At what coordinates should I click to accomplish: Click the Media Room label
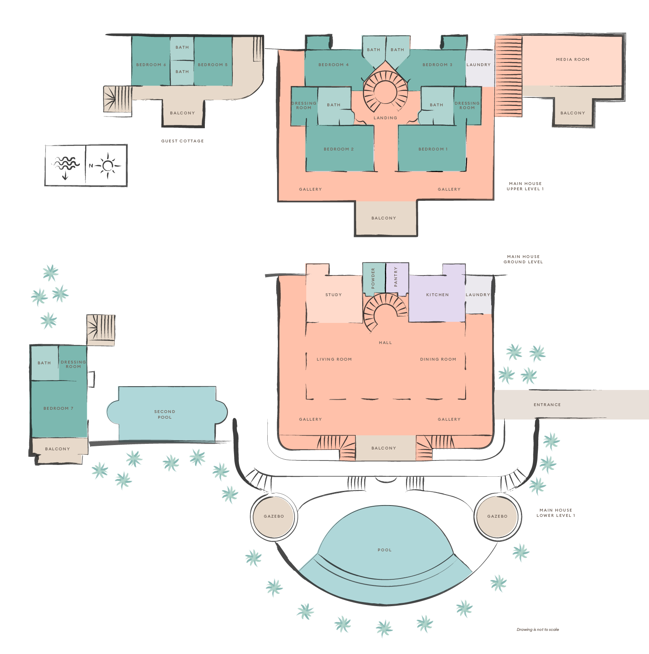572,60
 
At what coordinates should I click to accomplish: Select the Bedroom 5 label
213,65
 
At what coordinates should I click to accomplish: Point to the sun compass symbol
107,166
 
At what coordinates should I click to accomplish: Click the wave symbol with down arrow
65,166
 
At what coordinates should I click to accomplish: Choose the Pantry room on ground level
396,277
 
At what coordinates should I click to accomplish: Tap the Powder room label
373,278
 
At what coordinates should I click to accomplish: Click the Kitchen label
437,295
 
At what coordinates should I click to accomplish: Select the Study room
333,300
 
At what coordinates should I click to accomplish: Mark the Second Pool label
165,414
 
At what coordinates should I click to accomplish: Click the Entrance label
547,405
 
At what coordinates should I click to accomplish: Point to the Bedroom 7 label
58,409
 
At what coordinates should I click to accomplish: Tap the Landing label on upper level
385,118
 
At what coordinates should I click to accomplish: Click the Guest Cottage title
183,141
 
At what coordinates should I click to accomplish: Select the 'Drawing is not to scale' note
537,630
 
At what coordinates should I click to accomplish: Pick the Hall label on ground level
385,343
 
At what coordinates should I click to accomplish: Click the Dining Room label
438,359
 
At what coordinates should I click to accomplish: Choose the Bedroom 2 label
339,149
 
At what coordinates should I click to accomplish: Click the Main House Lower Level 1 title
556,513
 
